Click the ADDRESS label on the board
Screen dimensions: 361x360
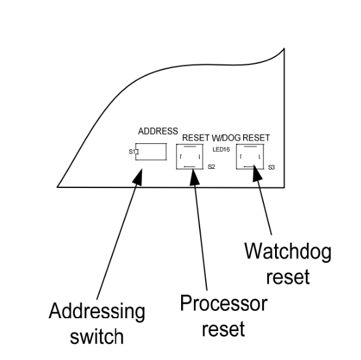[158, 131]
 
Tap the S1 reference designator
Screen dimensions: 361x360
[131, 152]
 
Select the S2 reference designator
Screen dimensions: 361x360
[211, 166]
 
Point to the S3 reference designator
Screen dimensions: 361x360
[271, 168]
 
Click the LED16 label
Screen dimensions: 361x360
[221, 149]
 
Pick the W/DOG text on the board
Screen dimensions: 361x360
[226, 138]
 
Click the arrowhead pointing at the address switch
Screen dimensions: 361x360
[138, 177]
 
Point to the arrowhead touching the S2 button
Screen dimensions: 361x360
[194, 177]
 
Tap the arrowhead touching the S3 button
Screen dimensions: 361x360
[257, 173]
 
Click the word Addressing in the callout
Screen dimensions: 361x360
[97, 311]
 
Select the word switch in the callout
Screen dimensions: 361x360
[97, 336]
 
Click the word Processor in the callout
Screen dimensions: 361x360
[223, 303]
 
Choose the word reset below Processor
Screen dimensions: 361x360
[223, 328]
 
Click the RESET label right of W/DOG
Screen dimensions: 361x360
[256, 138]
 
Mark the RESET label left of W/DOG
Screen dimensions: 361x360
[196, 138]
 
